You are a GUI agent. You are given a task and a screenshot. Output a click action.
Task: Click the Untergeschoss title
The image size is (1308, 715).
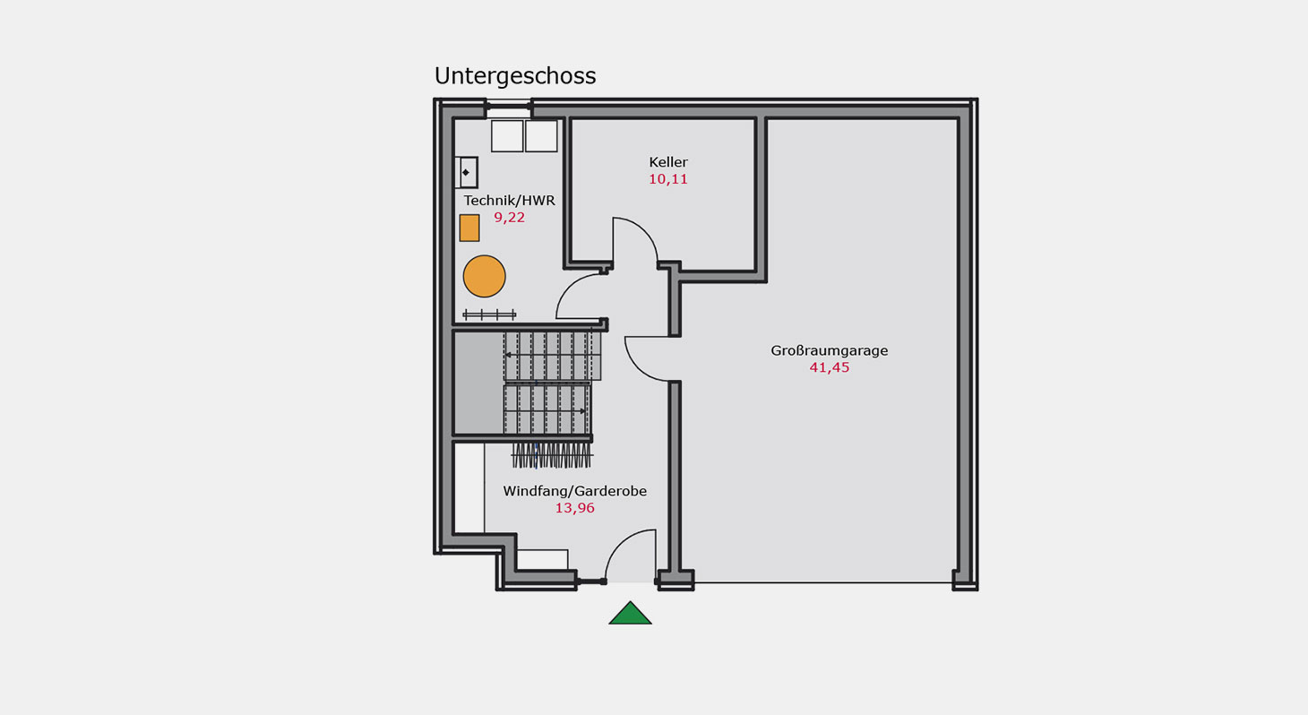point(515,76)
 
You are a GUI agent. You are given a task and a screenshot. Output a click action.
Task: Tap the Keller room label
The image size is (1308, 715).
point(668,162)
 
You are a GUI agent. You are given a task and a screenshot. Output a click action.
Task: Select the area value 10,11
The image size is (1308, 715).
point(668,179)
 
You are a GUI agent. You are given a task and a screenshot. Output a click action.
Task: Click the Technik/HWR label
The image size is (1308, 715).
point(509,201)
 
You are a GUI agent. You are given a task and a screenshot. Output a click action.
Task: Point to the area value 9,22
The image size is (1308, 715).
point(509,218)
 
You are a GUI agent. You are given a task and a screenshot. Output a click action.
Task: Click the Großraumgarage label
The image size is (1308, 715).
point(830,351)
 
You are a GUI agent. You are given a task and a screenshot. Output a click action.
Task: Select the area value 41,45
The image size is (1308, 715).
point(830,367)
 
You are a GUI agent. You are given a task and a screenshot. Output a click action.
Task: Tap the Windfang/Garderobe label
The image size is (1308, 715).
point(574,491)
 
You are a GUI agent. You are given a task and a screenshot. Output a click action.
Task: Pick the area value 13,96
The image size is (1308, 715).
point(574,508)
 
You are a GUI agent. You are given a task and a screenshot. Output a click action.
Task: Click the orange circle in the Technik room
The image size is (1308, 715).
point(484,276)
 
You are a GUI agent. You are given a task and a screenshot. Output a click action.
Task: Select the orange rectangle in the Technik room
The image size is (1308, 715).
point(469,228)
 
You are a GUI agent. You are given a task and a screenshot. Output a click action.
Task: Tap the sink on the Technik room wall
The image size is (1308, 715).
point(467,172)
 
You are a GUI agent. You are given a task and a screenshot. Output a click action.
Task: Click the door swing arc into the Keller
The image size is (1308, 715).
point(645,232)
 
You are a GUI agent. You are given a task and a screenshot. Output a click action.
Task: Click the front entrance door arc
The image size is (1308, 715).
point(619,543)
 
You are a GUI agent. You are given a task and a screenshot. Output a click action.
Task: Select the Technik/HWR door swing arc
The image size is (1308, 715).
point(568,288)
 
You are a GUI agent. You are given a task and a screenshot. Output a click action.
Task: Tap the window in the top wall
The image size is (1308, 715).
point(508,108)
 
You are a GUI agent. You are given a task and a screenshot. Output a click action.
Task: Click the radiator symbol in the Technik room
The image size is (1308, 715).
point(489,314)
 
